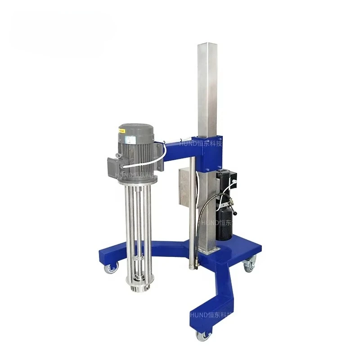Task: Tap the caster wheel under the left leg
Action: coord(110,268)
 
